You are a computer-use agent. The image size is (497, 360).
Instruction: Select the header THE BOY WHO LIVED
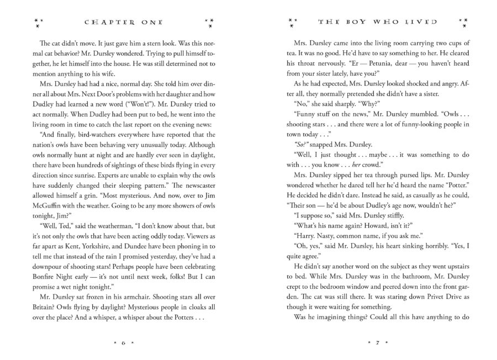[x=378, y=22]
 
